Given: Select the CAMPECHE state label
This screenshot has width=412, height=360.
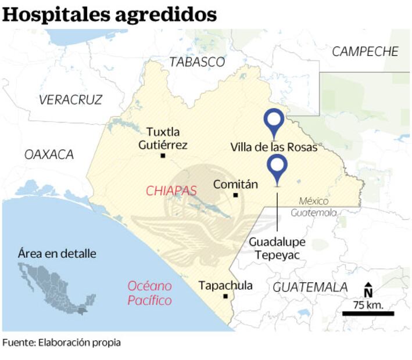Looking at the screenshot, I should click(x=366, y=52).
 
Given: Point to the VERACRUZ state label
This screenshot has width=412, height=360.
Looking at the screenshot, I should click(x=70, y=99).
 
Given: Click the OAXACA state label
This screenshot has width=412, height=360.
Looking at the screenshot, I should click(x=49, y=154).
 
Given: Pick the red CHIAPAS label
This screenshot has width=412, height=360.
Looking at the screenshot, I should click(x=171, y=190).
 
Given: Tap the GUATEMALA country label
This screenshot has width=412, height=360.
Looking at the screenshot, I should click(x=310, y=287).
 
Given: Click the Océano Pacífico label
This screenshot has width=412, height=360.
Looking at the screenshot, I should click(x=150, y=293).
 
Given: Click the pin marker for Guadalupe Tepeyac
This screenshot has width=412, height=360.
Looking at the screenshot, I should click(x=278, y=168).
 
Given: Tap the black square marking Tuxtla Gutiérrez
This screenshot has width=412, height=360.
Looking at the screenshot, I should click(x=163, y=156).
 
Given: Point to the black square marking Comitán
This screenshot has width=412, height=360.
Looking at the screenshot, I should click(x=235, y=195).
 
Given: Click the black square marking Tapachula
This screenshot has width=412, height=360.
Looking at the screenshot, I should click(x=225, y=296).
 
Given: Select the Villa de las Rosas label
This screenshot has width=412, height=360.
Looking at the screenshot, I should click(x=274, y=147).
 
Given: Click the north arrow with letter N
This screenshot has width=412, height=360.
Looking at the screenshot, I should click(x=368, y=290).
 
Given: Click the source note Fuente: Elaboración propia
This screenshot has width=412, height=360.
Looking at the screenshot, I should click(x=62, y=343).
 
